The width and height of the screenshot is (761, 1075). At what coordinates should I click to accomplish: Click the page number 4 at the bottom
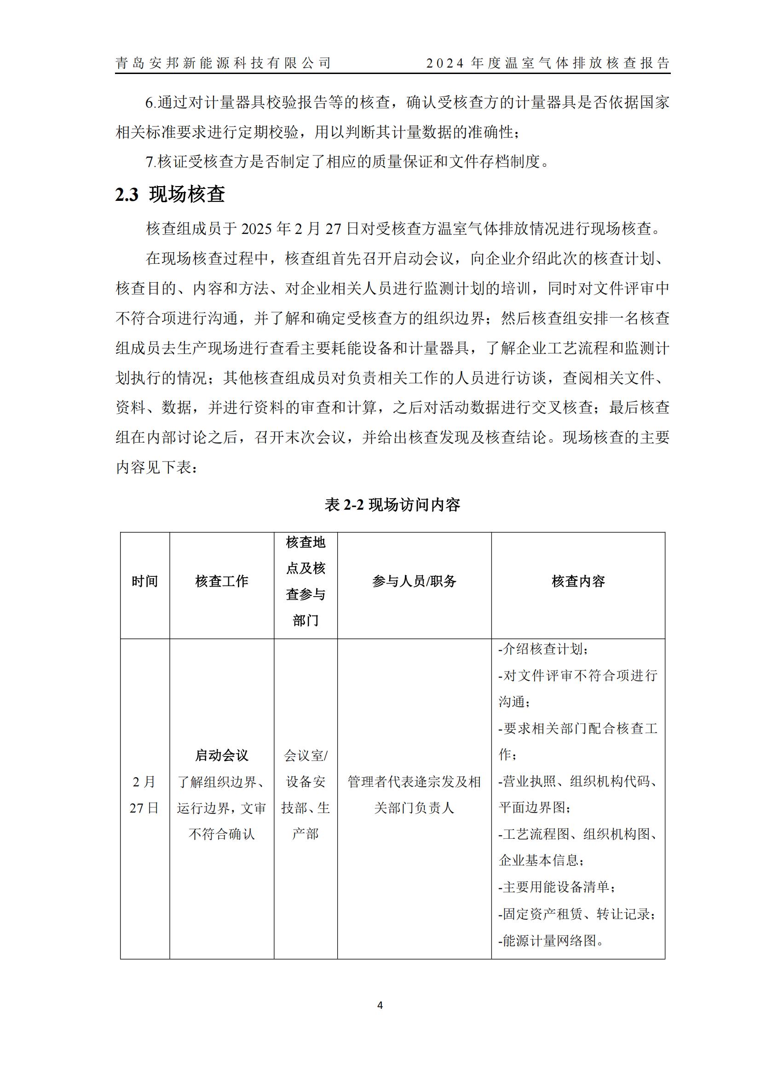pos(380,1005)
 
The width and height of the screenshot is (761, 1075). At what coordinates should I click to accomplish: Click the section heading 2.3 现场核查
pos(170,194)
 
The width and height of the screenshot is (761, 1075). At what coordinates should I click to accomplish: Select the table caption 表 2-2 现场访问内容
pos(392,505)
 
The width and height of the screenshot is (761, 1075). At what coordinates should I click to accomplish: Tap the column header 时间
pos(145,581)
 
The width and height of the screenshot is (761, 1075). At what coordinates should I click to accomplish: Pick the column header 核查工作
pos(222,581)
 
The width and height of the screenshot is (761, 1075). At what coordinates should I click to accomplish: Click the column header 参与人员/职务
pos(414,581)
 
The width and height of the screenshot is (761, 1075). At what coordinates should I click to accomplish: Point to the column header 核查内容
pos(578,581)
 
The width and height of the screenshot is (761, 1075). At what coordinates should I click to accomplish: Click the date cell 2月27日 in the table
pos(144,795)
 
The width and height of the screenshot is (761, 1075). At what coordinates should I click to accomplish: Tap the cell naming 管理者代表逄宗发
pos(414,781)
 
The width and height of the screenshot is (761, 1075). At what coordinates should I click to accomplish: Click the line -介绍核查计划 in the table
pos(543,649)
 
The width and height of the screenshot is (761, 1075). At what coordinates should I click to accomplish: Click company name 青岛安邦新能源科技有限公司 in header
pos(224,63)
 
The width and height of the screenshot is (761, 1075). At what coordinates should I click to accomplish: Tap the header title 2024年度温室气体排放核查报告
pos(548,63)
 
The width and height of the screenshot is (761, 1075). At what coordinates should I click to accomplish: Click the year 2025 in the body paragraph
pos(257,229)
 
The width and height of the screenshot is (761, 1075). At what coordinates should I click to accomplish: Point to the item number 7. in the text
pos(151,162)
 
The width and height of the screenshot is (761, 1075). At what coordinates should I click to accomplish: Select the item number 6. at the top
pos(151,102)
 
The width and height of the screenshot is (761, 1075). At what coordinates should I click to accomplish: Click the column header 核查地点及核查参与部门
pos(306,581)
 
